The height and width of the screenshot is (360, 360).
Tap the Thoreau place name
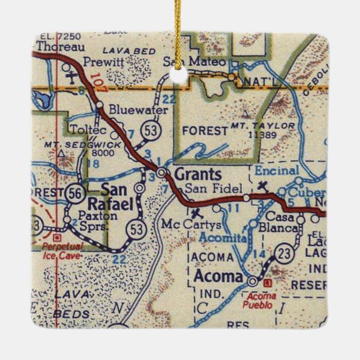[55, 47]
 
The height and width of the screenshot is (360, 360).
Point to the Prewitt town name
[101, 61]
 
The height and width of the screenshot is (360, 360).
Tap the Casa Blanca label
[280, 222]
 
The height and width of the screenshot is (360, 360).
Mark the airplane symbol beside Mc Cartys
[195, 213]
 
